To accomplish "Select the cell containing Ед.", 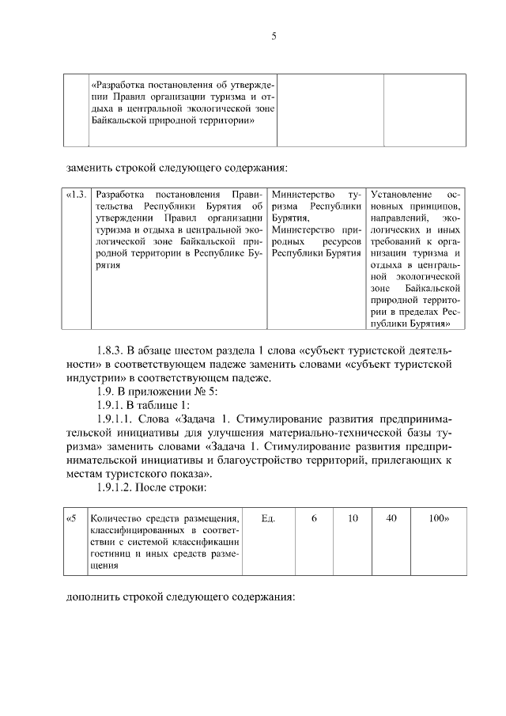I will pyautogui.click(x=267, y=518).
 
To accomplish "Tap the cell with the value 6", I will pyautogui.click(x=314, y=518).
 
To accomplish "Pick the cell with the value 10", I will pyautogui.click(x=353, y=518).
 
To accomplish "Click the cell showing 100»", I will pyautogui.click(x=438, y=518).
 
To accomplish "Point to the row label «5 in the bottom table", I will pyautogui.click(x=71, y=518).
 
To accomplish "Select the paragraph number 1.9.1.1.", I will pyautogui.click(x=116, y=419).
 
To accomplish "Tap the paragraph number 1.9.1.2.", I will pyautogui.click(x=116, y=488).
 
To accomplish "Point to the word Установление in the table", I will pyautogui.click(x=401, y=195).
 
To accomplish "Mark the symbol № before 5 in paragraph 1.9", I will pyautogui.click(x=196, y=391).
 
